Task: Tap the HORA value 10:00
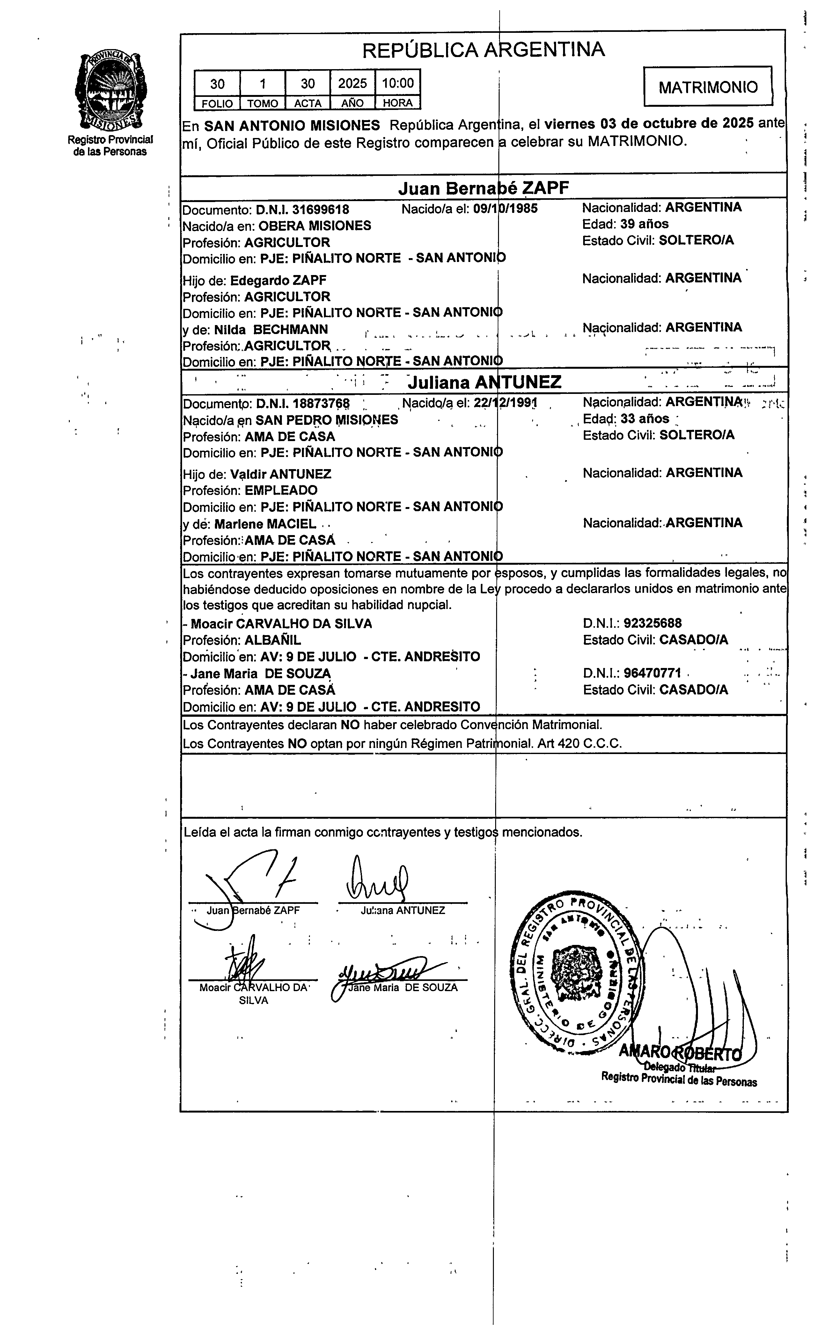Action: click(x=398, y=83)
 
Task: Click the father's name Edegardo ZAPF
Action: click(x=278, y=281)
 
